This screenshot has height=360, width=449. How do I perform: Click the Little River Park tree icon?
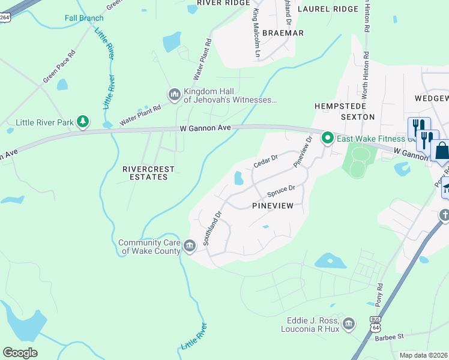click(82, 122)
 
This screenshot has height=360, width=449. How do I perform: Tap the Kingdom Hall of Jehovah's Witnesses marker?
click(175, 95)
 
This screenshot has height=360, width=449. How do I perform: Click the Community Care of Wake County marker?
click(189, 245)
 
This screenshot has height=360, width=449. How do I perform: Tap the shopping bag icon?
click(441, 151)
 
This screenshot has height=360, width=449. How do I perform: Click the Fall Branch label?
click(84, 18)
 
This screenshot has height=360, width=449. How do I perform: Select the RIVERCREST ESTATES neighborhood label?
click(145, 173)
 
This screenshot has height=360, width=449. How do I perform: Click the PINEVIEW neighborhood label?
click(272, 206)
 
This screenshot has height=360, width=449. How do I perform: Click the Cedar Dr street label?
click(265, 160)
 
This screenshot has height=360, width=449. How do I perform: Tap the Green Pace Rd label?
click(59, 66)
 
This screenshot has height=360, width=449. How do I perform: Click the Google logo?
click(20, 353)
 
